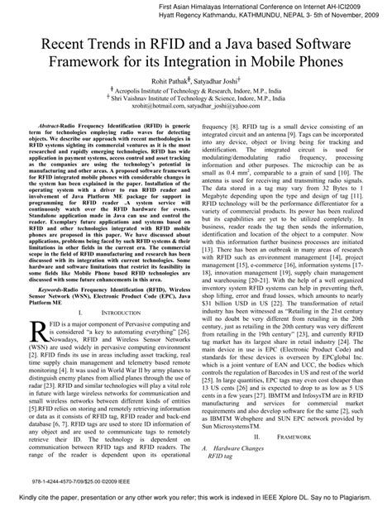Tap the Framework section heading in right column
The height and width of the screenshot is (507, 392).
point(293,435)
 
